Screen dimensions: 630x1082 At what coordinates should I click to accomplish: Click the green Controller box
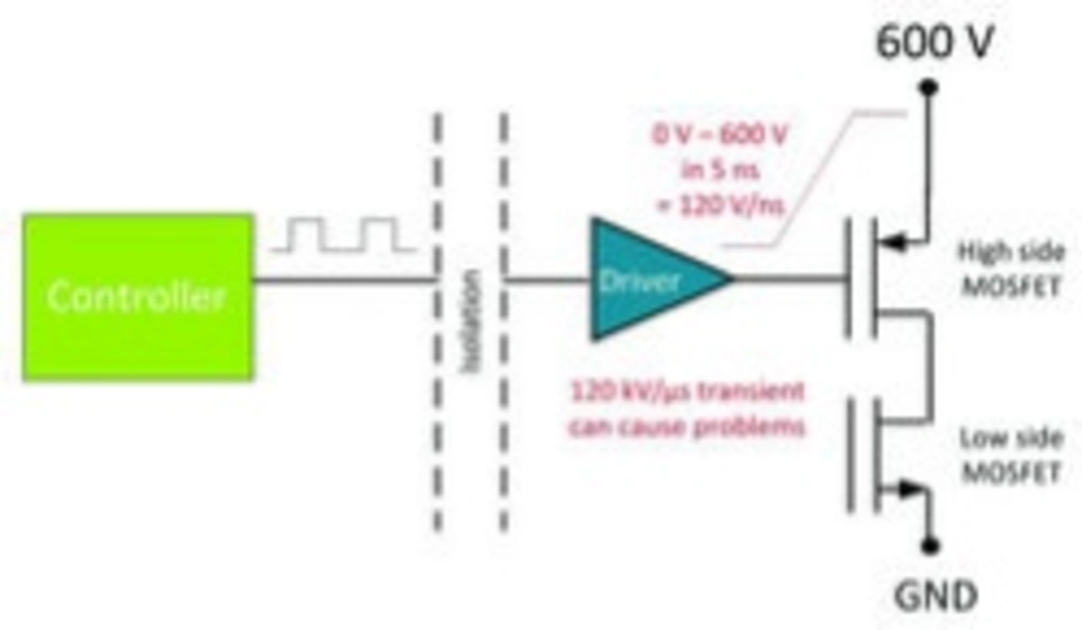138,297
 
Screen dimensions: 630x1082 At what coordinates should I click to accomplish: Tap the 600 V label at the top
933,42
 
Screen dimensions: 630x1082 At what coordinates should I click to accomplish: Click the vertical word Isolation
471,321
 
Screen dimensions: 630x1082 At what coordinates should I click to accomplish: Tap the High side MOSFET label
1008,268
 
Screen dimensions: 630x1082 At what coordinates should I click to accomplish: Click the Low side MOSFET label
1008,455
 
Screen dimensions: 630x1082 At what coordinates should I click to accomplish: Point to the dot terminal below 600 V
929,86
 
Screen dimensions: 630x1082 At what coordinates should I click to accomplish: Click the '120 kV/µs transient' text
687,392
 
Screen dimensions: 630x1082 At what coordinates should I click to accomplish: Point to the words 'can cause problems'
686,427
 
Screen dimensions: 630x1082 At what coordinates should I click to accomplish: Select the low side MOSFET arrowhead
908,488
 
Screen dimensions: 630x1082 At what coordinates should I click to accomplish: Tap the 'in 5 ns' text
720,170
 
